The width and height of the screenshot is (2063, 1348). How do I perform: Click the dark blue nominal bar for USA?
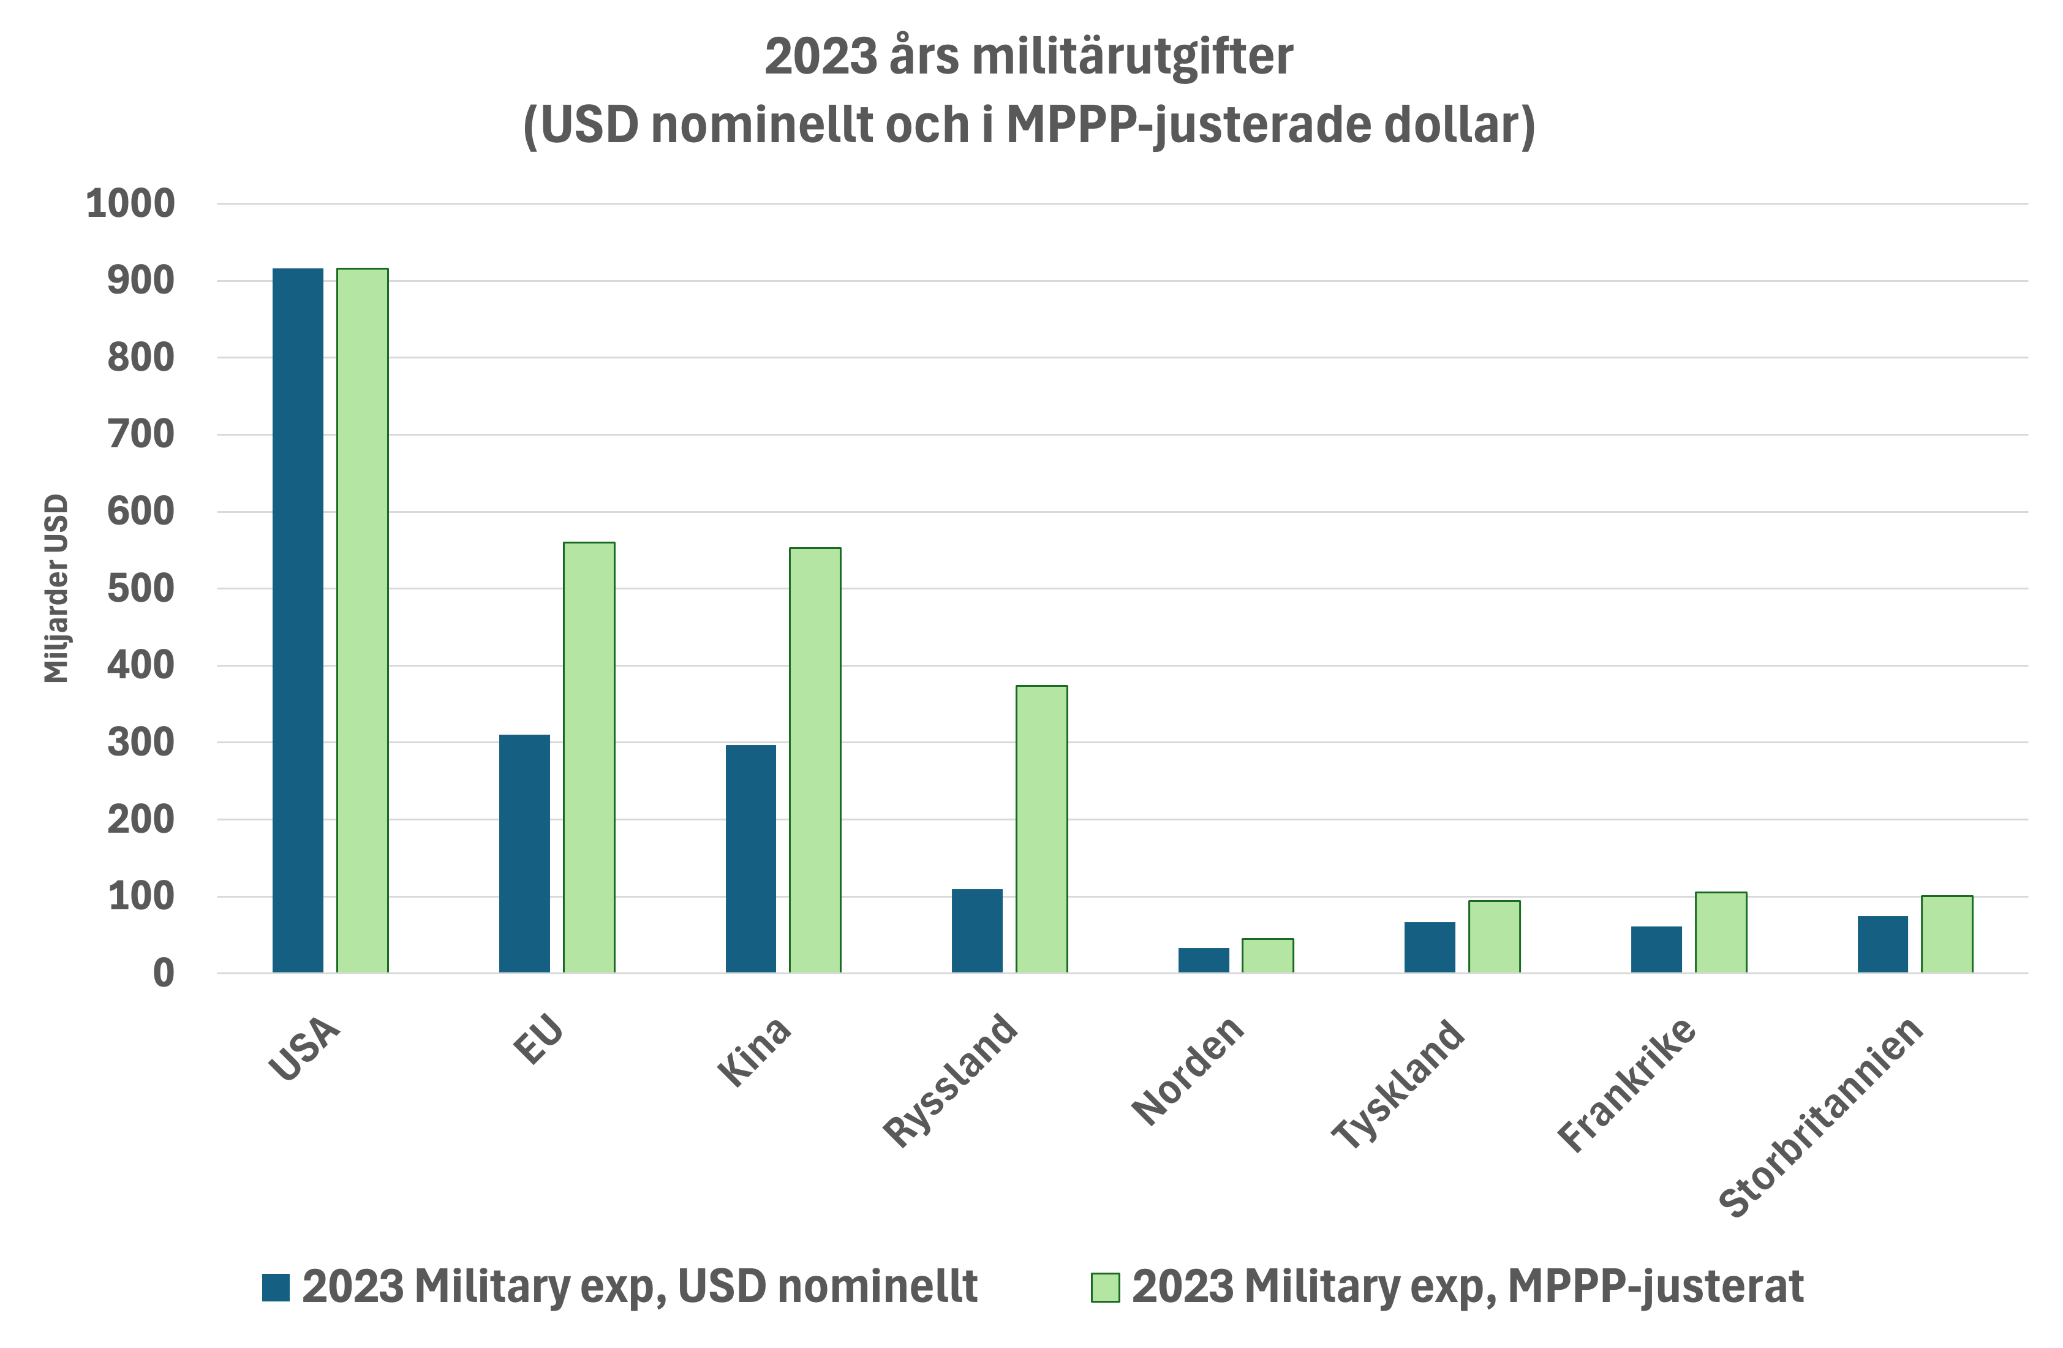point(297,620)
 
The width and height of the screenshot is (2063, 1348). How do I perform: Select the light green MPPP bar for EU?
point(589,757)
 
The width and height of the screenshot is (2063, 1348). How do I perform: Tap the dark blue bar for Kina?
point(750,858)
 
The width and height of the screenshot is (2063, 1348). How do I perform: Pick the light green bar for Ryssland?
point(1041,829)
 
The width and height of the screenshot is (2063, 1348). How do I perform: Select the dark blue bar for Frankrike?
point(1656,949)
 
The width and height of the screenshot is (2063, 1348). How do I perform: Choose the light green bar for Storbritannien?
point(1947,934)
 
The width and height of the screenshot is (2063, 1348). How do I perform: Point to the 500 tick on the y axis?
point(140,589)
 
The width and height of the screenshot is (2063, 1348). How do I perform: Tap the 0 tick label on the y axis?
point(163,974)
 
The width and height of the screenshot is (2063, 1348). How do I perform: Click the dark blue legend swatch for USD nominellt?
point(276,1287)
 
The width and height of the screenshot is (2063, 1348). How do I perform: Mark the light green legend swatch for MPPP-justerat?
point(1105,1287)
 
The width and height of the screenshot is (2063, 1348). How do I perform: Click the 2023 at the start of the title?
point(821,57)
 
